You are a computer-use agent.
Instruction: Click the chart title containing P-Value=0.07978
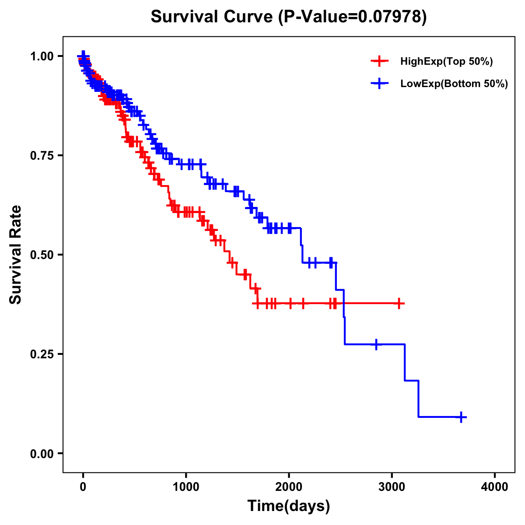click(x=288, y=17)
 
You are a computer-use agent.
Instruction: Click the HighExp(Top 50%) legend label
click(x=446, y=62)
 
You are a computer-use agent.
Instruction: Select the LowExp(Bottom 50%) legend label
click(x=454, y=84)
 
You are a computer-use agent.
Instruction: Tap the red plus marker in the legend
click(x=379, y=61)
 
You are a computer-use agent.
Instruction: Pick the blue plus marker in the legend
click(x=379, y=83)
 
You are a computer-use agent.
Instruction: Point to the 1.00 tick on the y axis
click(x=43, y=56)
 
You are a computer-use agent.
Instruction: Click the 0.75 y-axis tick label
click(x=43, y=155)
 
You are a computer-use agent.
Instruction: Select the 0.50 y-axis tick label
click(x=43, y=255)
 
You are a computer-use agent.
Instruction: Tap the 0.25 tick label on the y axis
click(x=43, y=354)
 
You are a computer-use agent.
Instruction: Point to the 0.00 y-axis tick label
click(x=43, y=453)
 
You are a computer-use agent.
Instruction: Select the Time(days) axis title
click(x=288, y=506)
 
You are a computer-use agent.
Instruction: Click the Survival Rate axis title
click(x=16, y=255)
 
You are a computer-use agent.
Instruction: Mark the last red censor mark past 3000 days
click(x=399, y=303)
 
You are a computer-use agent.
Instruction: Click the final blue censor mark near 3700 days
click(x=461, y=417)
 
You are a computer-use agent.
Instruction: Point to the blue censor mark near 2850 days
click(x=376, y=344)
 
